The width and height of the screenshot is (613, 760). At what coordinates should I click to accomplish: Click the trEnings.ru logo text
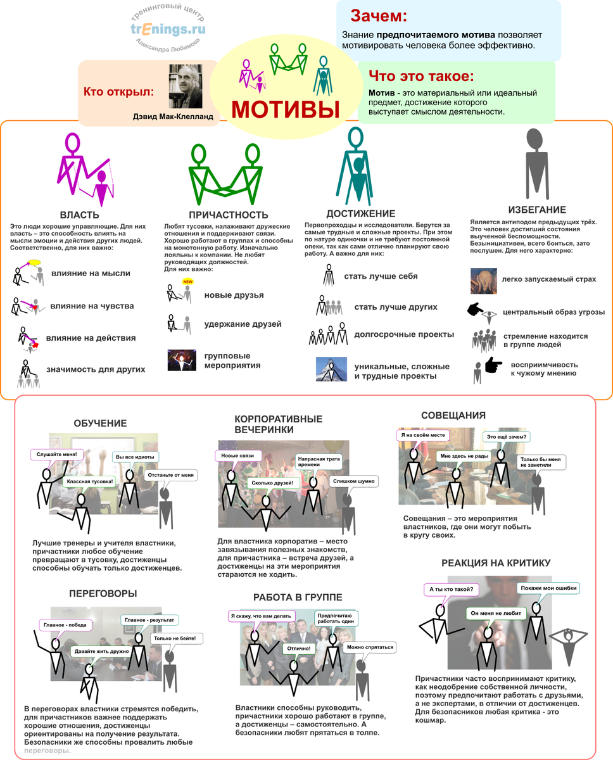click(168, 29)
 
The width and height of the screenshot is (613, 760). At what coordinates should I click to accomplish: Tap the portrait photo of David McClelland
click(186, 87)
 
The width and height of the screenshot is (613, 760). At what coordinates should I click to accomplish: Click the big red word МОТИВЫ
click(285, 109)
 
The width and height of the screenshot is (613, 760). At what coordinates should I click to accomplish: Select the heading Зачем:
click(379, 15)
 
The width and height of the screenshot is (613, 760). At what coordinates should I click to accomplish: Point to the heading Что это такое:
click(421, 77)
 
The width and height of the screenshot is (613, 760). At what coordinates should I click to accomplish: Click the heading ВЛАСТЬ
click(79, 215)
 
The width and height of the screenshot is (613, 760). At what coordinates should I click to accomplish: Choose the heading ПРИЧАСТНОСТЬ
click(229, 215)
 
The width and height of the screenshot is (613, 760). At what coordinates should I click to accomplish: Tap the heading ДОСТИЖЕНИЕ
click(360, 213)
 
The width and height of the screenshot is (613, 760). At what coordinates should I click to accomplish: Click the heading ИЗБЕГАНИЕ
click(537, 210)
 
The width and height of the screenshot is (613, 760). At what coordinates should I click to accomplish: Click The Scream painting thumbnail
click(483, 280)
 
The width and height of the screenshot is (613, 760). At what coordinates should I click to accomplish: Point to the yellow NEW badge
click(187, 282)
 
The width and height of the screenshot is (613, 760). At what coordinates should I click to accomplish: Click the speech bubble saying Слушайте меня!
click(57, 454)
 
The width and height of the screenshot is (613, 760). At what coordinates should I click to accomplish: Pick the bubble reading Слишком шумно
click(355, 481)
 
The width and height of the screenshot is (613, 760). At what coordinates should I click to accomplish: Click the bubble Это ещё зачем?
click(506, 436)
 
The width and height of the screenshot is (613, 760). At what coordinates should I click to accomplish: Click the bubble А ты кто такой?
click(451, 589)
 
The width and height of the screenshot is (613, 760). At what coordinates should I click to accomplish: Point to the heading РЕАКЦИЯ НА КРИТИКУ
click(496, 563)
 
